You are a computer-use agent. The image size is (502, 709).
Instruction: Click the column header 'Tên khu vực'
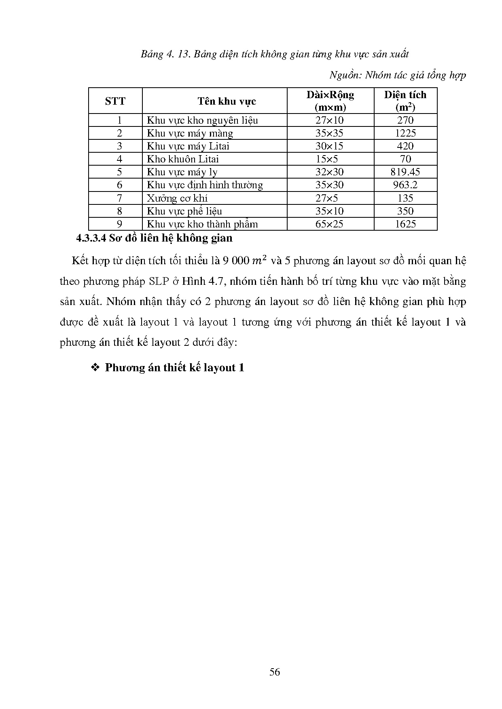[227, 101]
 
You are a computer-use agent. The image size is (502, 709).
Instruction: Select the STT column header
[115, 101]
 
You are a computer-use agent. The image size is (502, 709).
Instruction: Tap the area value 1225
[405, 133]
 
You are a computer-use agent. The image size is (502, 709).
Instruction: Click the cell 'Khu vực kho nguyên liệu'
[202, 120]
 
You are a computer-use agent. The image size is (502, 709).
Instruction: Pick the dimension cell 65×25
[329, 224]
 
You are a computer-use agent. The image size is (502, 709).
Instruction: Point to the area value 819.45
[405, 172]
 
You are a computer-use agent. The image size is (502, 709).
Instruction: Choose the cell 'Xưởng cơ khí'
[177, 198]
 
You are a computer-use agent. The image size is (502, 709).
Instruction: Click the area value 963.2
[405, 185]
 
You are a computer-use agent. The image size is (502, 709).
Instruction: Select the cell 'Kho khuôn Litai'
[183, 159]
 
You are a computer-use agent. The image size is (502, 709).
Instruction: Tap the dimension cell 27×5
[326, 198]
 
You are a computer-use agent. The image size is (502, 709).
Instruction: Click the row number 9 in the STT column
[119, 224]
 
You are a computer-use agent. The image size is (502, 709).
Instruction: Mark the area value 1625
[405, 224]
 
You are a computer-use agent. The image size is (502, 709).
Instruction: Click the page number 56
[275, 672]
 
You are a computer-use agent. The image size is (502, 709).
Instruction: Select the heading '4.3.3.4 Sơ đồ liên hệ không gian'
[155, 238]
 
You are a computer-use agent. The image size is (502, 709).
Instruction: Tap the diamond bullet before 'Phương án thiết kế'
[95, 368]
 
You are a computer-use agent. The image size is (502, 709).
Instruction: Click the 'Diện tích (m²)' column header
[405, 101]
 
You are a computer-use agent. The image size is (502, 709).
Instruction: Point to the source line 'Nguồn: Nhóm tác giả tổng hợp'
[398, 75]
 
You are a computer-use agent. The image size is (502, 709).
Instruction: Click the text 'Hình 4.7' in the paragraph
[200, 281]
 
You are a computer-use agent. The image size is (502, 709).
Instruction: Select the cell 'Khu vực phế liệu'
[184, 211]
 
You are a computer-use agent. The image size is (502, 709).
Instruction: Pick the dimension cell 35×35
[329, 133]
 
